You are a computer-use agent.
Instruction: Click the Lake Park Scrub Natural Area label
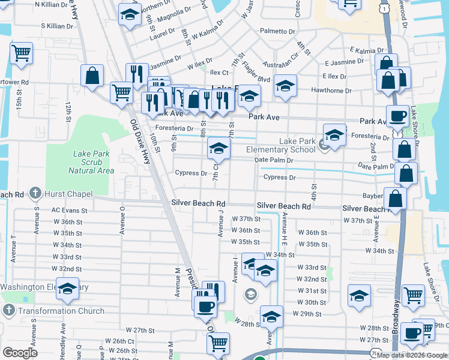point(91,162)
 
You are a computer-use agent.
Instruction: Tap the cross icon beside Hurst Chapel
point(36,194)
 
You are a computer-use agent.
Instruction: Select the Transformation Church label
point(61,311)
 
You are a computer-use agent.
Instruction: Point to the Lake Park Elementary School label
point(280,145)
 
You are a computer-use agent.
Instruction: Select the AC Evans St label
point(69,211)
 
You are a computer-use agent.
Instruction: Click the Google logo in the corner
point(20,353)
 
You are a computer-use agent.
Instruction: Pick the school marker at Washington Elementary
point(67,289)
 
